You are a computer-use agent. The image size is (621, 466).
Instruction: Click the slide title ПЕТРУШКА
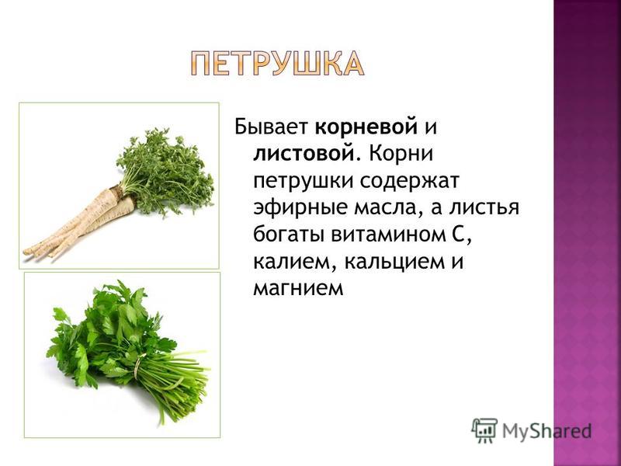pyautogui.click(x=276, y=64)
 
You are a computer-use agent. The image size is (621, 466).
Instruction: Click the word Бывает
pyautogui.click(x=271, y=127)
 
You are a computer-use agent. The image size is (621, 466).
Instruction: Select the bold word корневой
pyautogui.click(x=366, y=127)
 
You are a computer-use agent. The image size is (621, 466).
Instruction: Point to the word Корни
pyautogui.click(x=401, y=154)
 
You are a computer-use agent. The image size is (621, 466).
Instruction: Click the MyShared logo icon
pyautogui.click(x=484, y=430)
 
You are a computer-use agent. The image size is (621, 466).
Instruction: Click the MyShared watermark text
pyautogui.click(x=546, y=431)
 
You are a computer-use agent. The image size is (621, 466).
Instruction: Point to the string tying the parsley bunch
pyautogui.click(x=137, y=365)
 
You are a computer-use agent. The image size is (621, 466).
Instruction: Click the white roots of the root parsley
pyautogui.click(x=79, y=224)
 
